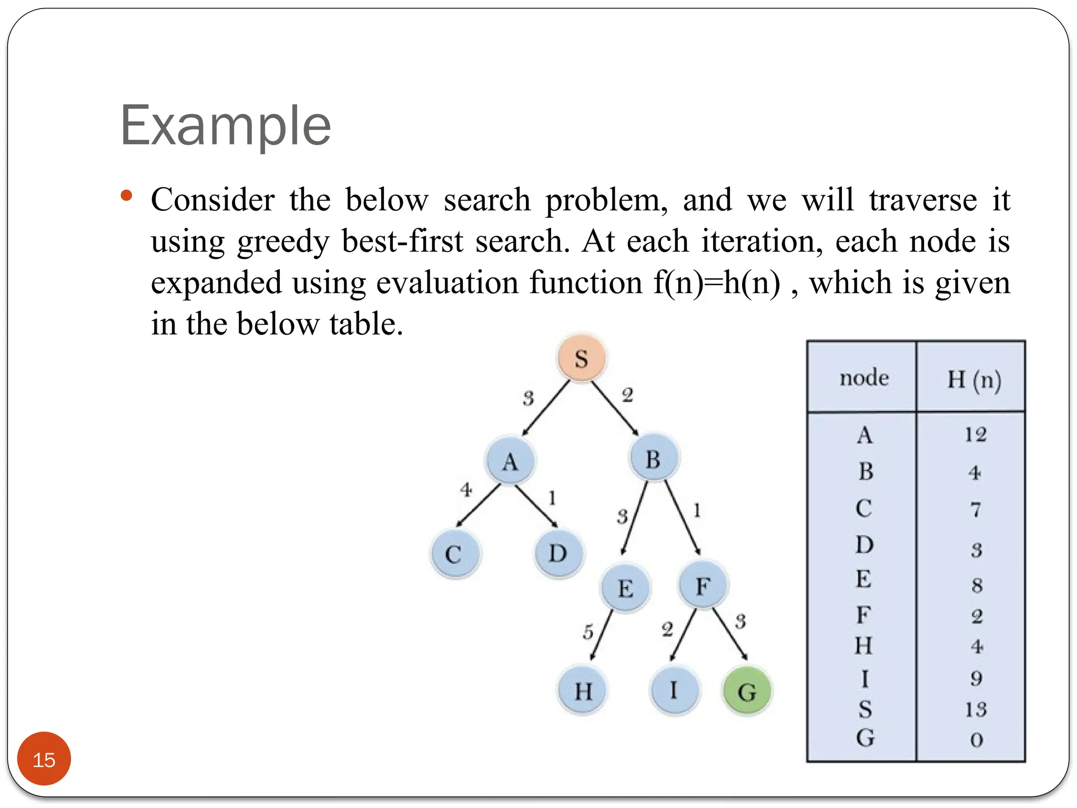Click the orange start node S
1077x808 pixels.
pos(581,358)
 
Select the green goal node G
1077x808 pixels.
pos(747,691)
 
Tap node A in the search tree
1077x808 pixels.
pos(510,461)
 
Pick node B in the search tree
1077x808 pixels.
pos(654,458)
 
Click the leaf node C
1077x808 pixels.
pos(454,554)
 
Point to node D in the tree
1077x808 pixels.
pos(558,553)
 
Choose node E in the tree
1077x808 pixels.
pos(625,587)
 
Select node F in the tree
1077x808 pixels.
pos(703,585)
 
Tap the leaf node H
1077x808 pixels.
pos(583,691)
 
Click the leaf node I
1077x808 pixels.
pos(674,689)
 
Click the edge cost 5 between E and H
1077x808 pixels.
pos(588,631)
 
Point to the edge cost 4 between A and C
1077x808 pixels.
pos(466,490)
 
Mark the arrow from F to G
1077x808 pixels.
pos(730,634)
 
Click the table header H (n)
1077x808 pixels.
pos(974,379)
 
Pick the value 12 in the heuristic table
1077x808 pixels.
pos(976,435)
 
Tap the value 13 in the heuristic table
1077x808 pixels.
pos(976,710)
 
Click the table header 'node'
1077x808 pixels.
pos(864,378)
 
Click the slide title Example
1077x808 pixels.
pos(226,126)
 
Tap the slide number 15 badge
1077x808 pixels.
pos(44,759)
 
